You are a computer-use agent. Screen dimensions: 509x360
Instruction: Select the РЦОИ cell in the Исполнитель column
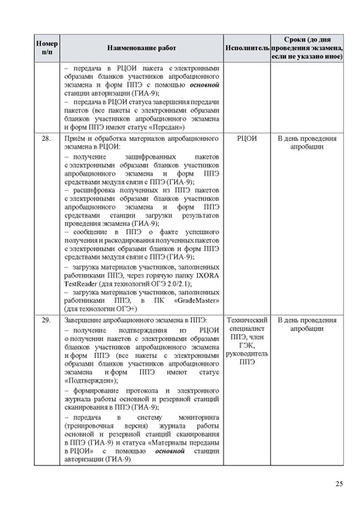247,137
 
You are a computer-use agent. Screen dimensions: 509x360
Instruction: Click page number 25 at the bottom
338,484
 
